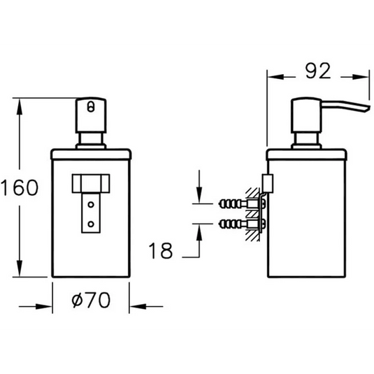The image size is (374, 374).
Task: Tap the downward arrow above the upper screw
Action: click(x=200, y=198)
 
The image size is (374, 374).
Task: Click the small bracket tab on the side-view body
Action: click(x=266, y=183)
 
